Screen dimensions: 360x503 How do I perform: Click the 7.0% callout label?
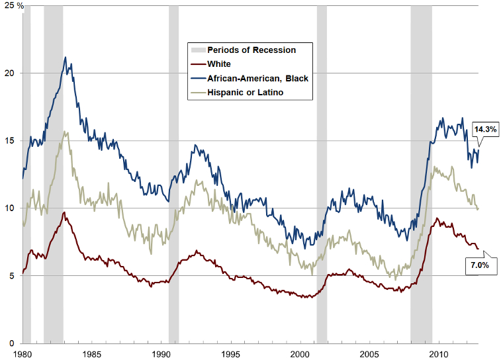(480, 265)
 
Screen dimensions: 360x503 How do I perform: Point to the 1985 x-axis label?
(93, 354)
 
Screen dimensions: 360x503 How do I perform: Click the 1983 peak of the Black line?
(65, 58)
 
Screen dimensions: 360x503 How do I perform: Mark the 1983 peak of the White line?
(64, 212)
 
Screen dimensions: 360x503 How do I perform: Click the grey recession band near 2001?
(322, 172)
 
